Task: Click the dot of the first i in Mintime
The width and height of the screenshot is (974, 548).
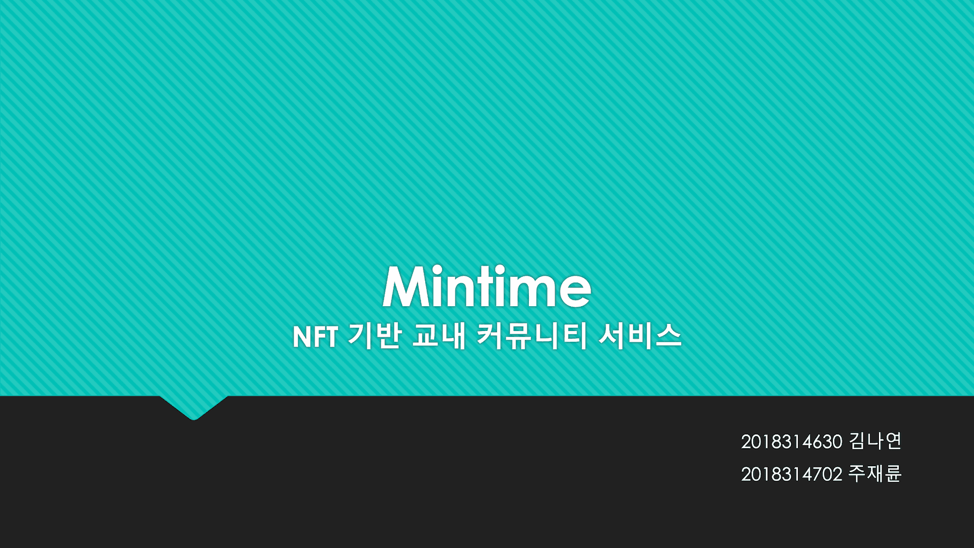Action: coord(437,270)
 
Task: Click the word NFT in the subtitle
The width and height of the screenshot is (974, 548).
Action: coord(315,337)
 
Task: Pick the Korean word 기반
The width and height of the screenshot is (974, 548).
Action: coord(375,336)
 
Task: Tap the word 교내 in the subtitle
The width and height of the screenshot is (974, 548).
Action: coord(439,336)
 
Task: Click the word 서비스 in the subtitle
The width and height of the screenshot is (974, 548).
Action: coord(639,336)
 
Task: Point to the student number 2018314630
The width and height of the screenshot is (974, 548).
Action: coord(791,442)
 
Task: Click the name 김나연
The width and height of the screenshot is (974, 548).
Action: coord(875,441)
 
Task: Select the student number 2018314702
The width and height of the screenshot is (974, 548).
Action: coord(791,474)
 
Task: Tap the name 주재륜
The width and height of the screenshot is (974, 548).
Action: coord(875,473)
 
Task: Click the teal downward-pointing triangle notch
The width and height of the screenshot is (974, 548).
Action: coord(194,406)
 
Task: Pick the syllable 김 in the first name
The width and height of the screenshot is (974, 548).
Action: coord(857,441)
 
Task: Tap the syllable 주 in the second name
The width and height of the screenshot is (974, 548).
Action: coord(857,473)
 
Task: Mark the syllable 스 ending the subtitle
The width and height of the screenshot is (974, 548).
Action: coord(669,336)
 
